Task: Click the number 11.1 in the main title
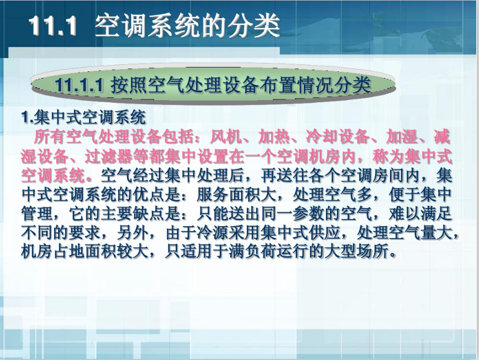pyautogui.click(x=52, y=25)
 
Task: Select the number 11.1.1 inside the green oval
pyautogui.click(x=80, y=85)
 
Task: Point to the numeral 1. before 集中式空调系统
pyautogui.click(x=27, y=117)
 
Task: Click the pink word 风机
pyautogui.click(x=226, y=137)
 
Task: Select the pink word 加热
pyautogui.click(x=274, y=137)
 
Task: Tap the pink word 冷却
pyautogui.click(x=322, y=137)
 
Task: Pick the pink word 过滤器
pyautogui.click(x=109, y=156)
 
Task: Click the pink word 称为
pyautogui.click(x=388, y=156)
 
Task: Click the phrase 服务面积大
pyautogui.click(x=236, y=195)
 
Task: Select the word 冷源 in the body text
pyautogui.click(x=212, y=233)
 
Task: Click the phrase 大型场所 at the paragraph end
pyautogui.click(x=356, y=252)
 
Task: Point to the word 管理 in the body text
pyautogui.click(x=37, y=214)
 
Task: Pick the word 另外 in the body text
pyautogui.click(x=133, y=233)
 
